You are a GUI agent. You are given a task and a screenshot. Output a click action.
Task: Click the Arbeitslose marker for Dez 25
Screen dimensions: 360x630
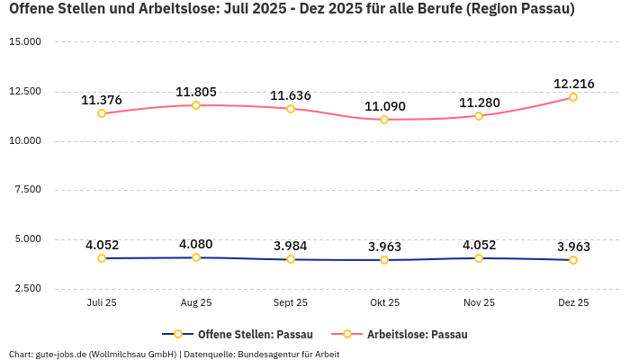click(573, 97)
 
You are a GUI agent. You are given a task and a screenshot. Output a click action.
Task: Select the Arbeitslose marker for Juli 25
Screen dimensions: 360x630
click(102, 113)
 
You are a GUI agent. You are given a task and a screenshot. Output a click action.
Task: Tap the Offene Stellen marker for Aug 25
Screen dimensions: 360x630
click(196, 257)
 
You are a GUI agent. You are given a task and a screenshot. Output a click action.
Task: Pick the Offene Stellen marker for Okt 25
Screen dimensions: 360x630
click(384, 260)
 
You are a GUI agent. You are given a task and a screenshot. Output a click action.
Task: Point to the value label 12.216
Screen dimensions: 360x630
click(573, 84)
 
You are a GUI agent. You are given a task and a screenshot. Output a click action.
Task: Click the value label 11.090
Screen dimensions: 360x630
click(384, 106)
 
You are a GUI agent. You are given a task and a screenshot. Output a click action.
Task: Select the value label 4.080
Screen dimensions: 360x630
click(196, 244)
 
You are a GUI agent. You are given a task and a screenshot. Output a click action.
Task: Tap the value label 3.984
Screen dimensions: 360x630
click(291, 247)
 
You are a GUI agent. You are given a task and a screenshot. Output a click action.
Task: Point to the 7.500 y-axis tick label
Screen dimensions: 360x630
click(27, 190)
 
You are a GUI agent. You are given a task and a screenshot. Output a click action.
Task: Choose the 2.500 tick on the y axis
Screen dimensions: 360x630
click(27, 288)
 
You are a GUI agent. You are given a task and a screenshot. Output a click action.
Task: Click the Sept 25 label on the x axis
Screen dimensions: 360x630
click(291, 302)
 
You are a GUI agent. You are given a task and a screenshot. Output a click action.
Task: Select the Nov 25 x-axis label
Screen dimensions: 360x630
click(479, 302)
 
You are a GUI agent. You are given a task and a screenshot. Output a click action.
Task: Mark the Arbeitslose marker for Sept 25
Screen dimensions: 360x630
click(291, 109)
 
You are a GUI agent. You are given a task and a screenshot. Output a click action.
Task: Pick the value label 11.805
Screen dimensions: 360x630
click(196, 92)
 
